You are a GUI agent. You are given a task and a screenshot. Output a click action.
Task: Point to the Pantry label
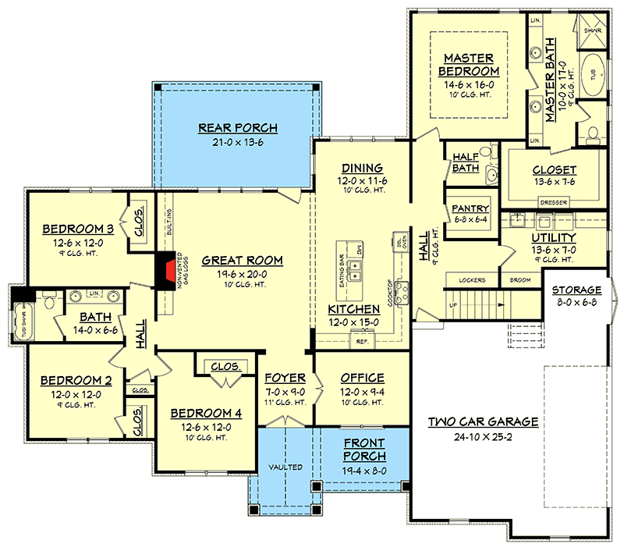(x=470, y=208)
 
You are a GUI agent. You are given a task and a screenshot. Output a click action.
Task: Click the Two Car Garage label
(x=483, y=421)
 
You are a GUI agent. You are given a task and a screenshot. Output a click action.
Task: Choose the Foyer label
(x=284, y=379)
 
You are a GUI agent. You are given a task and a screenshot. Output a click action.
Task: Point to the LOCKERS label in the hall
(x=473, y=279)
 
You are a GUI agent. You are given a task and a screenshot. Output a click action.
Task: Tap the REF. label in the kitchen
(x=361, y=341)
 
